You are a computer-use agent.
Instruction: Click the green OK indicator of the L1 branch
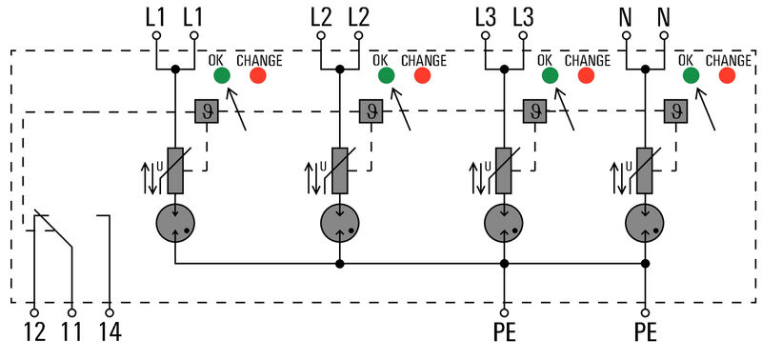click(221, 76)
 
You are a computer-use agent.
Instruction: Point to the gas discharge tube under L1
click(174, 225)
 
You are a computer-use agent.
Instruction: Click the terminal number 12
click(34, 333)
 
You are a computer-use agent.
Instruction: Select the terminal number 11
click(71, 333)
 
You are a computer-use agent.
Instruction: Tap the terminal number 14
click(110, 333)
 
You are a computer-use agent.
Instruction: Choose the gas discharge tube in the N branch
click(645, 225)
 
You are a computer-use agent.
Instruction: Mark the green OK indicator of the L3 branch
click(549, 76)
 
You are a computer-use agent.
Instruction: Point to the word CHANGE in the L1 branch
click(259, 60)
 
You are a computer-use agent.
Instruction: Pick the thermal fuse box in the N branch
click(677, 111)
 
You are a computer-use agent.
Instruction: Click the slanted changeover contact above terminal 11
click(54, 229)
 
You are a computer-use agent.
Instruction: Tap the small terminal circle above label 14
click(110, 311)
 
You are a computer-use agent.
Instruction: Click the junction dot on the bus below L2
click(338, 264)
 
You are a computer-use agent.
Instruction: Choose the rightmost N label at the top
click(664, 16)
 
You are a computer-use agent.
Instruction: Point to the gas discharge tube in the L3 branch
click(502, 225)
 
